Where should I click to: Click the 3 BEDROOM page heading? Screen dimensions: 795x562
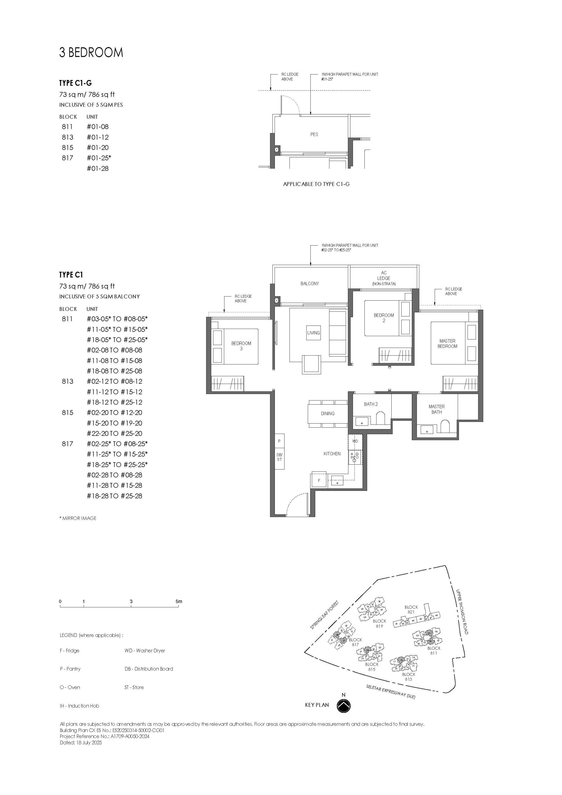91,52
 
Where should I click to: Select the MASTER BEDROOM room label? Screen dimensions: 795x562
447,343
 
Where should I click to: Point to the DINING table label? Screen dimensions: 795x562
328,413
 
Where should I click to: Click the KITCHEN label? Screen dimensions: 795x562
332,454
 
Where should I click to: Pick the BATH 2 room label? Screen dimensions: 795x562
371,404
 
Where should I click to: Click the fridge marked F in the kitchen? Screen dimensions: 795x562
319,480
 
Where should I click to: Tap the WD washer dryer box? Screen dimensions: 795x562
355,441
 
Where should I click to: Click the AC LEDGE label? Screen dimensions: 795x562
384,276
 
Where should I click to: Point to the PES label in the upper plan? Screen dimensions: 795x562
314,134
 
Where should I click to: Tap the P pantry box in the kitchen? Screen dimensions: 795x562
279,441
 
